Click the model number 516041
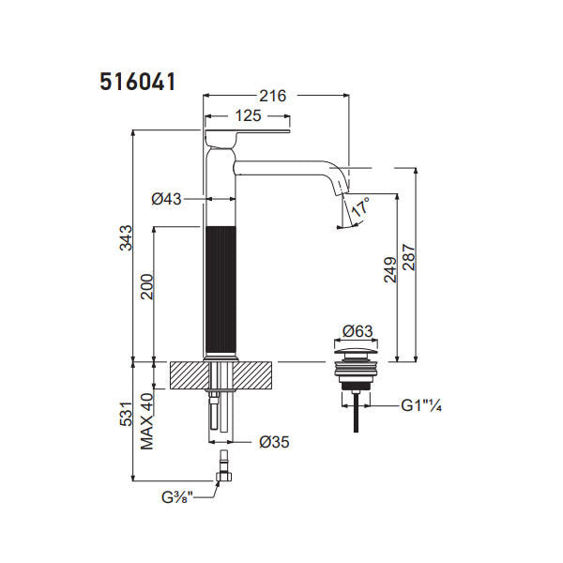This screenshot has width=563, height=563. [138, 82]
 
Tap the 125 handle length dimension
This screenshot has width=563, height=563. [247, 116]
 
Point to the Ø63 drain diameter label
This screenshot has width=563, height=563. [358, 330]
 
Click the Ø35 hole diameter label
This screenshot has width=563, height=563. [273, 441]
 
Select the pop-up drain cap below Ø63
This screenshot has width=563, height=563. [358, 357]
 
